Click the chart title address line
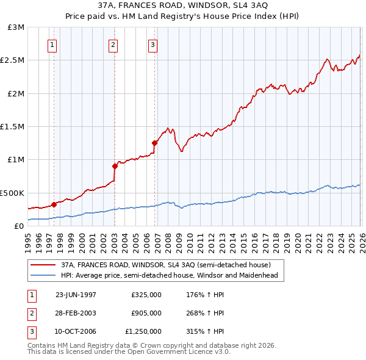coord(182,5)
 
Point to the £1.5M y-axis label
coord(12,127)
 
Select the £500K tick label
coord(12,193)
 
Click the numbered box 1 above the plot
coord(52,44)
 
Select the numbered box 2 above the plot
coord(113,44)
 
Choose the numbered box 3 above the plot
coord(152,44)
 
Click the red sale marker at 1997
coord(54,204)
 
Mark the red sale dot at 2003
coord(115,165)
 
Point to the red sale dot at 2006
coord(154,143)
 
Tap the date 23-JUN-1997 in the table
coord(76,295)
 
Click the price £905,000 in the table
coord(146,313)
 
